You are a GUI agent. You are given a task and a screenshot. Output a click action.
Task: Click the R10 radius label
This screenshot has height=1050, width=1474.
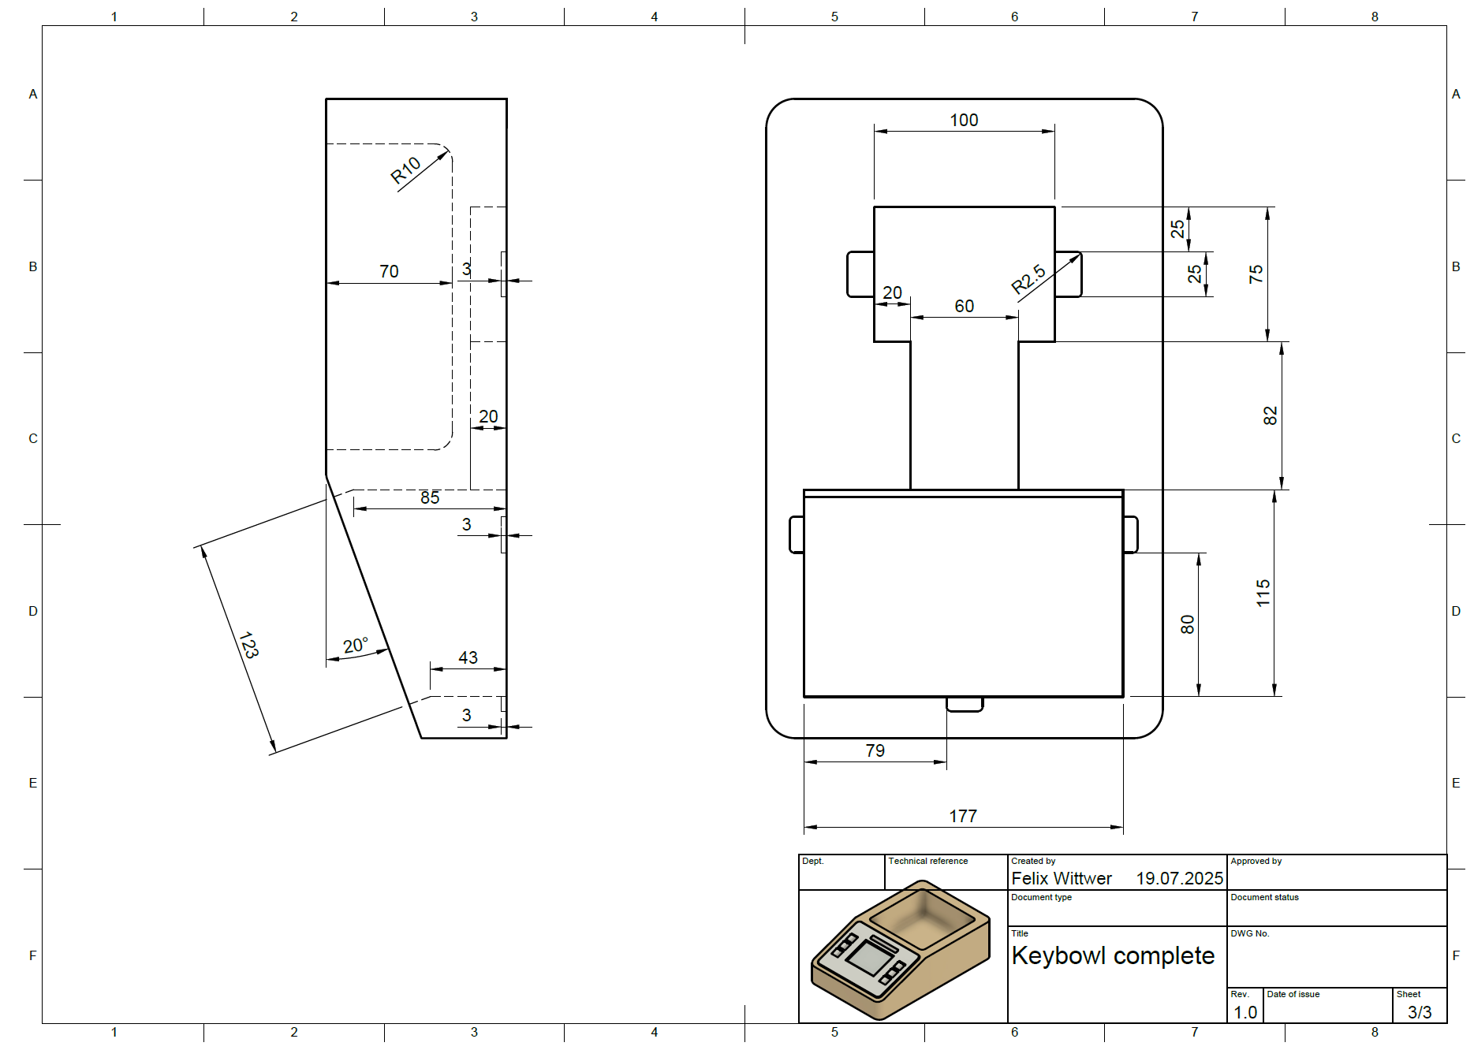pyautogui.click(x=406, y=170)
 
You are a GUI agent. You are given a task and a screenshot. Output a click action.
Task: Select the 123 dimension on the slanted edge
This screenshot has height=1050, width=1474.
pyautogui.click(x=248, y=645)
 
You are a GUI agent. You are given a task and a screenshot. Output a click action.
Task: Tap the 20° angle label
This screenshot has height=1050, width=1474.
pyautogui.click(x=356, y=646)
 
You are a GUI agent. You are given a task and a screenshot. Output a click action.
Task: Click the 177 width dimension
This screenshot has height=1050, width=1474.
pyautogui.click(x=963, y=816)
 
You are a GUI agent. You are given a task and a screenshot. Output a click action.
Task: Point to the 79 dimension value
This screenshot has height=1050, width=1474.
pyautogui.click(x=875, y=750)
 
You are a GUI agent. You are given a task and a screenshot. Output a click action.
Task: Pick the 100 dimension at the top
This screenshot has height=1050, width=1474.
pyautogui.click(x=964, y=120)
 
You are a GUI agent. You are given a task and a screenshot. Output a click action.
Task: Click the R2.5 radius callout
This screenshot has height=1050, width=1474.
pyautogui.click(x=1028, y=279)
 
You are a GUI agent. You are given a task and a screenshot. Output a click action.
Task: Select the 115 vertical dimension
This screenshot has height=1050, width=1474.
pyautogui.click(x=1263, y=593)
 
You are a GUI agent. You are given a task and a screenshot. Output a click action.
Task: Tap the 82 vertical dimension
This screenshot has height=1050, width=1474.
pyautogui.click(x=1270, y=415)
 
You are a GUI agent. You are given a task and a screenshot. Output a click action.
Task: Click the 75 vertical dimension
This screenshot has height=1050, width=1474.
pyautogui.click(x=1256, y=274)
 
